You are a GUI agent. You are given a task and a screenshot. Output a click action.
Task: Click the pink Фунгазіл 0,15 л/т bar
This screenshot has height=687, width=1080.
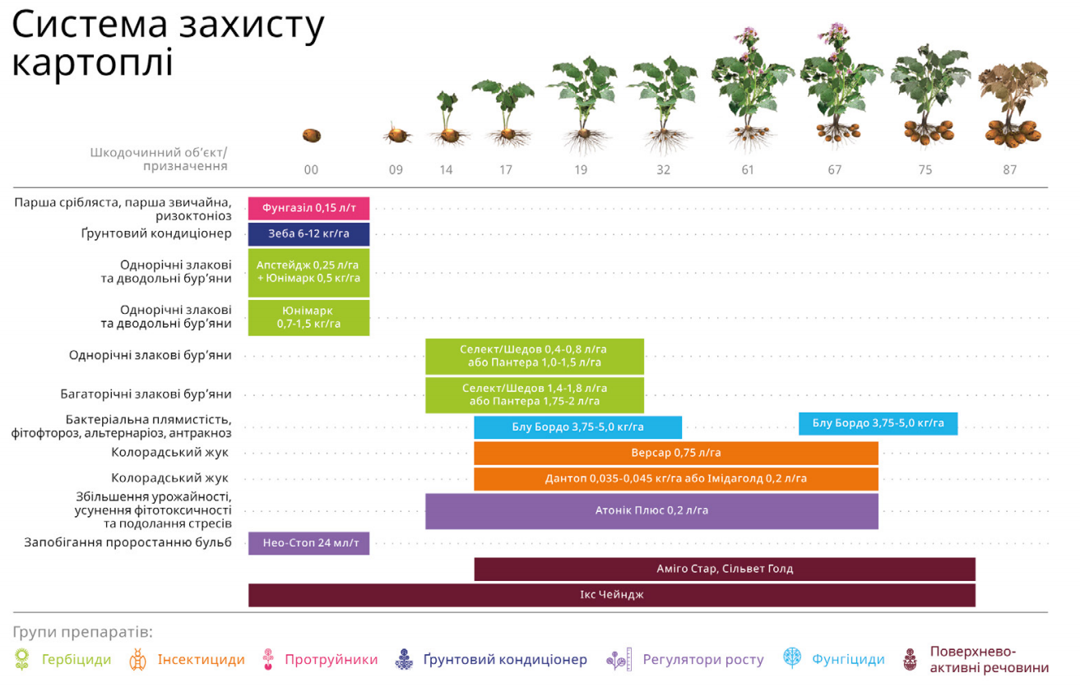(308, 209)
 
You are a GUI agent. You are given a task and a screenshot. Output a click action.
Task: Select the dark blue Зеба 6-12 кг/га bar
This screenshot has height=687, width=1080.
(308, 234)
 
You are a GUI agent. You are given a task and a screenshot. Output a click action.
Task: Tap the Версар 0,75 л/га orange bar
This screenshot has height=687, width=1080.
(675, 453)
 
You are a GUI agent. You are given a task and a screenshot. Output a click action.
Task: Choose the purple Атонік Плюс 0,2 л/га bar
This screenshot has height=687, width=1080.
(651, 510)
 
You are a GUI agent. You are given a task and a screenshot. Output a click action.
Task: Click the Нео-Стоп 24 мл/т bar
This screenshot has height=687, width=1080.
(308, 542)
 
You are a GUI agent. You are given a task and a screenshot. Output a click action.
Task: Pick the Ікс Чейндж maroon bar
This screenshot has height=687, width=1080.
(611, 595)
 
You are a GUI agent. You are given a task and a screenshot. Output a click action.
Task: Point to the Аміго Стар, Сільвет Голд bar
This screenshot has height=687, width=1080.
(724, 569)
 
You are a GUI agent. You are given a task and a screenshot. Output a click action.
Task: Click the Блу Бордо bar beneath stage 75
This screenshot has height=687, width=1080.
(878, 423)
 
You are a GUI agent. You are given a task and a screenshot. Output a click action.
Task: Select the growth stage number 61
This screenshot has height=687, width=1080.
(747, 170)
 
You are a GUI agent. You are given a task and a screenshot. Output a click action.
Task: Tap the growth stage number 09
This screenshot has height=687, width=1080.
(396, 170)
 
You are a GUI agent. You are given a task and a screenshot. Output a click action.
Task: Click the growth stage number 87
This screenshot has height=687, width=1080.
(1009, 170)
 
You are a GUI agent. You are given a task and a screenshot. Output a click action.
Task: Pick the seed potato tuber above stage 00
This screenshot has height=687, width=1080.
(311, 136)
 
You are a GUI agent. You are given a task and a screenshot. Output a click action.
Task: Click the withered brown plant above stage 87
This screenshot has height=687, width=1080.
(1012, 107)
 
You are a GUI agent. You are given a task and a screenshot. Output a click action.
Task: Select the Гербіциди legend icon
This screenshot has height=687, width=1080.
(22, 659)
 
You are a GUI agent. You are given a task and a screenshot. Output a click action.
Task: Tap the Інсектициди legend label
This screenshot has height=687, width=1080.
(202, 659)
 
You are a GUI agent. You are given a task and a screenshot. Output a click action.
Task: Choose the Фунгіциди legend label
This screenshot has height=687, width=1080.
(848, 659)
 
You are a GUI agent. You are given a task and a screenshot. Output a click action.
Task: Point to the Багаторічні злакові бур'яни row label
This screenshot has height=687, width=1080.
(146, 394)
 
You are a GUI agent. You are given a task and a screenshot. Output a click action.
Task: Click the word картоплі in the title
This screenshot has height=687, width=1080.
(92, 63)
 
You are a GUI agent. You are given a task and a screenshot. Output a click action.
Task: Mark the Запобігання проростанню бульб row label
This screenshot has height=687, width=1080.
(127, 542)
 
